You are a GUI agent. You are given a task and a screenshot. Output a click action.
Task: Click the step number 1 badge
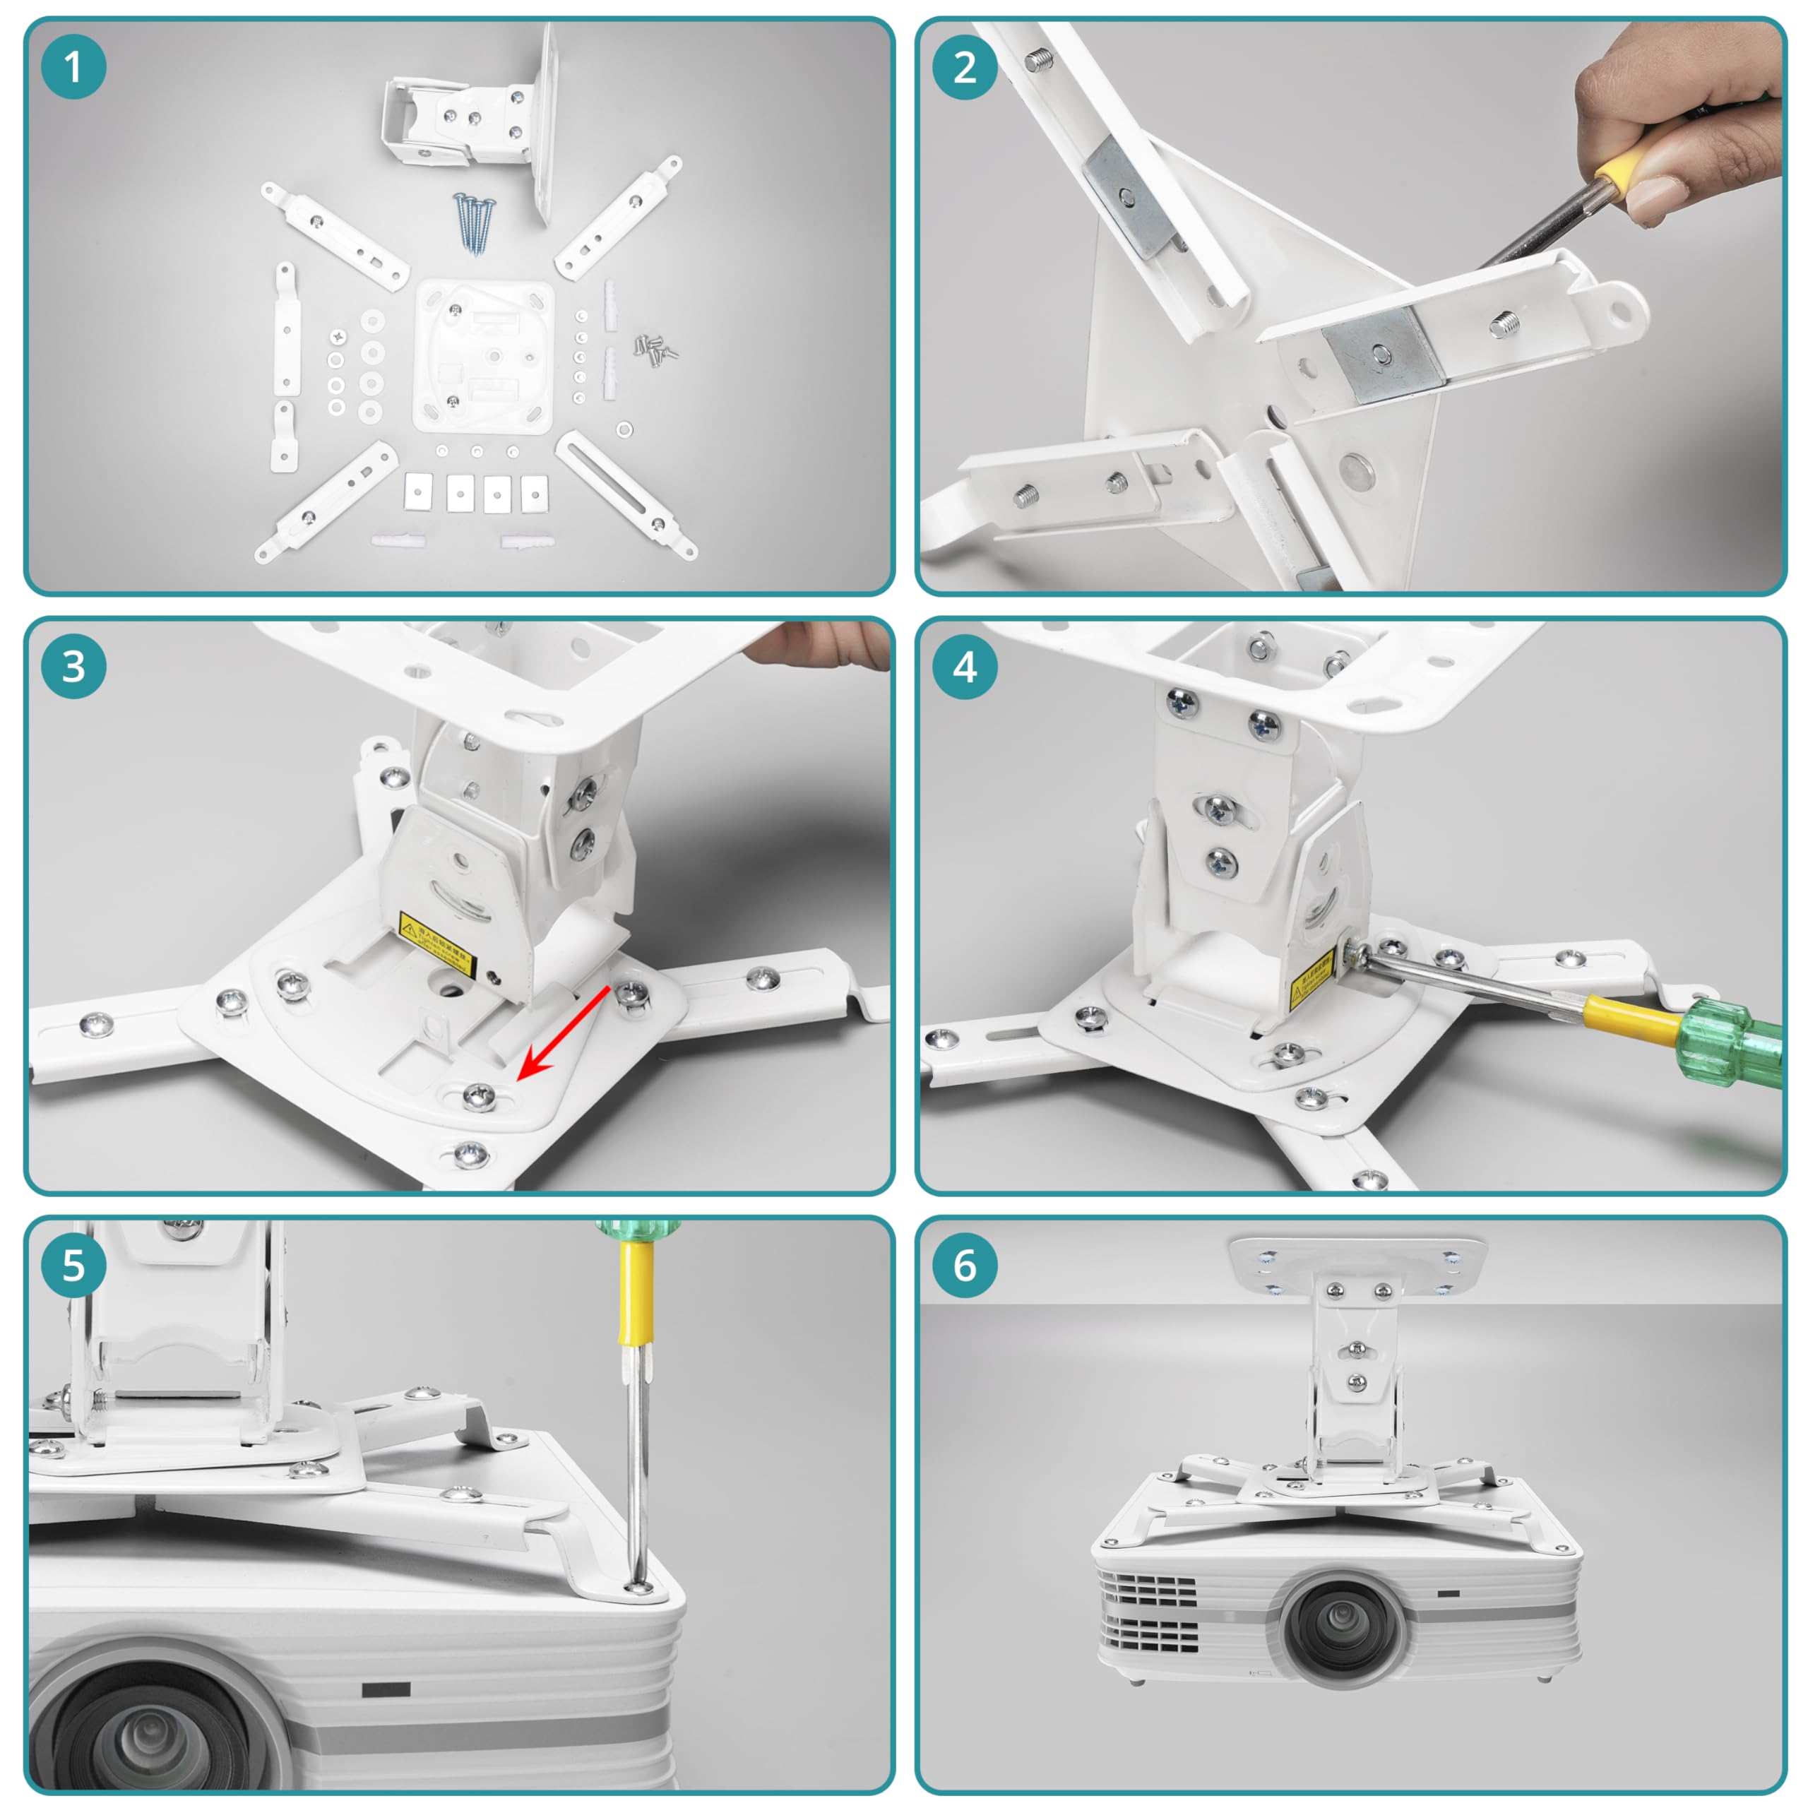pyautogui.click(x=73, y=67)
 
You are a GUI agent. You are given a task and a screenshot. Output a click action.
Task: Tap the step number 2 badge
pyautogui.click(x=965, y=67)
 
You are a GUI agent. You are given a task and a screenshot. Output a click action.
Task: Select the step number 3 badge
pyautogui.click(x=73, y=666)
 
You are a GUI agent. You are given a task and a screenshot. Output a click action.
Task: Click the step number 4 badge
pyautogui.click(x=965, y=666)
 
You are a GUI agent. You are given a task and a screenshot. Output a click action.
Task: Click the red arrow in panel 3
pyautogui.click(x=562, y=1030)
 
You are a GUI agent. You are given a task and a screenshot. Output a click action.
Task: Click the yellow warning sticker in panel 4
pyautogui.click(x=1312, y=980)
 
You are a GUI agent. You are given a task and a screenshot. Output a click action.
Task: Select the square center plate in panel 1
pyautogui.click(x=483, y=356)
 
